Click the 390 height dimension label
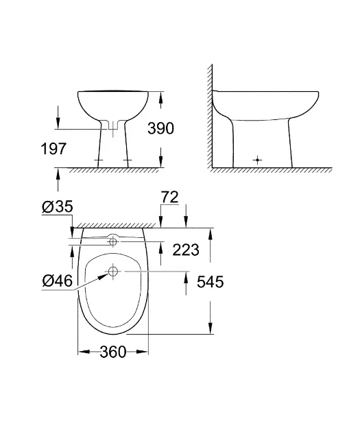pos(161,128)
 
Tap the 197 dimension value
pos(53,149)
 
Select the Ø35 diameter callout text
pos(58,206)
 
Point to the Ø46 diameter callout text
pos(58,280)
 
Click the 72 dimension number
pos(169,197)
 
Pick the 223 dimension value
pos(186,250)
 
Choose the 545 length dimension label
pos(211,282)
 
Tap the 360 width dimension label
pos(113,352)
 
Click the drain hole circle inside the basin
pos(113,272)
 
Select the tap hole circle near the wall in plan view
pos(113,241)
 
